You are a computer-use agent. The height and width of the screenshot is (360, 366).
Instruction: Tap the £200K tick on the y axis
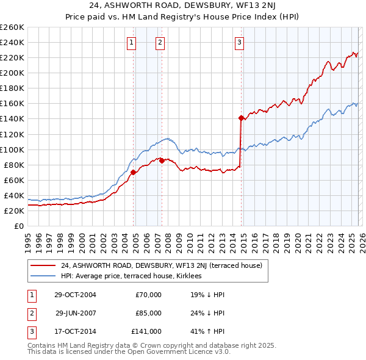pos(12,73)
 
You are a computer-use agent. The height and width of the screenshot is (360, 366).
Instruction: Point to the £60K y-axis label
pos(14,180)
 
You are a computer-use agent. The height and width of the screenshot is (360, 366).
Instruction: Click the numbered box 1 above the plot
pos(132,42)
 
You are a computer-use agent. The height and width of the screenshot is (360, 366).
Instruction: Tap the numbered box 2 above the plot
pos(160,42)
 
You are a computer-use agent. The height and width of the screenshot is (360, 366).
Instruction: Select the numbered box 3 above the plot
pos(239,42)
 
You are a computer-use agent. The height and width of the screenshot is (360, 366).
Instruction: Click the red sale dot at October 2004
pos(133,172)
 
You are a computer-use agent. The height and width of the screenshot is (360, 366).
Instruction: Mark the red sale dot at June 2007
pos(162,160)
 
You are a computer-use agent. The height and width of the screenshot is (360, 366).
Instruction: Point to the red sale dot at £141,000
pos(241,117)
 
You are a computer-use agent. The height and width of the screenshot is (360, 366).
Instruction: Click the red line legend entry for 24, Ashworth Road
pos(162,265)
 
